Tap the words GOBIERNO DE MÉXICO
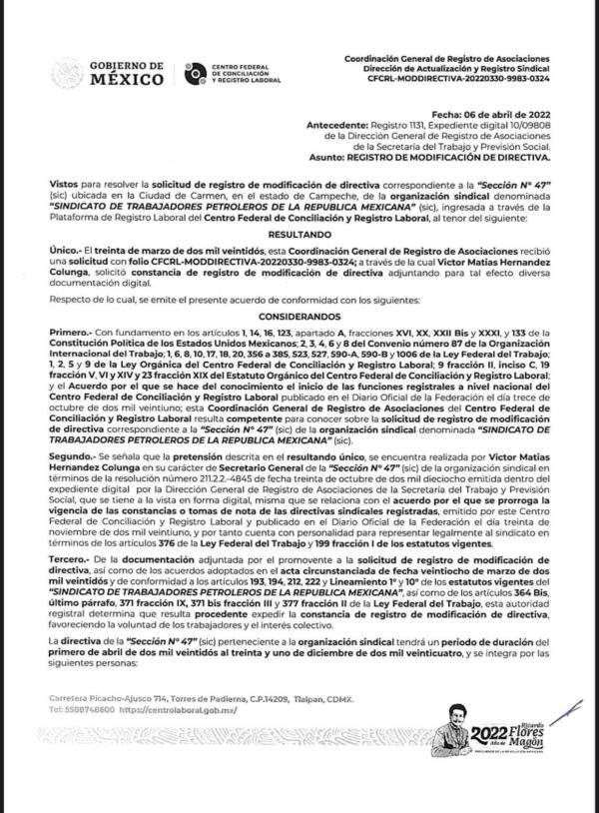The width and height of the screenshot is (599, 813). tap(128, 72)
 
